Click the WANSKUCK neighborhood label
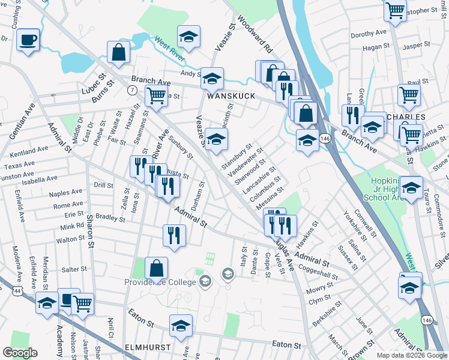(x=231, y=96)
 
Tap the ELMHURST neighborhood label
(x=148, y=347)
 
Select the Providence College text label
(x=160, y=282)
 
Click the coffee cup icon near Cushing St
(x=28, y=41)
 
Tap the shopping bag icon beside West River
(x=119, y=53)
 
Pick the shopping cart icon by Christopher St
(x=395, y=10)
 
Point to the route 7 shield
(x=130, y=90)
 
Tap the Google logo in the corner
(x=20, y=353)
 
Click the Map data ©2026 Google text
(x=411, y=355)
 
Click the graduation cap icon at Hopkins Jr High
(x=411, y=189)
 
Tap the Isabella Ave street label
(x=37, y=178)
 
